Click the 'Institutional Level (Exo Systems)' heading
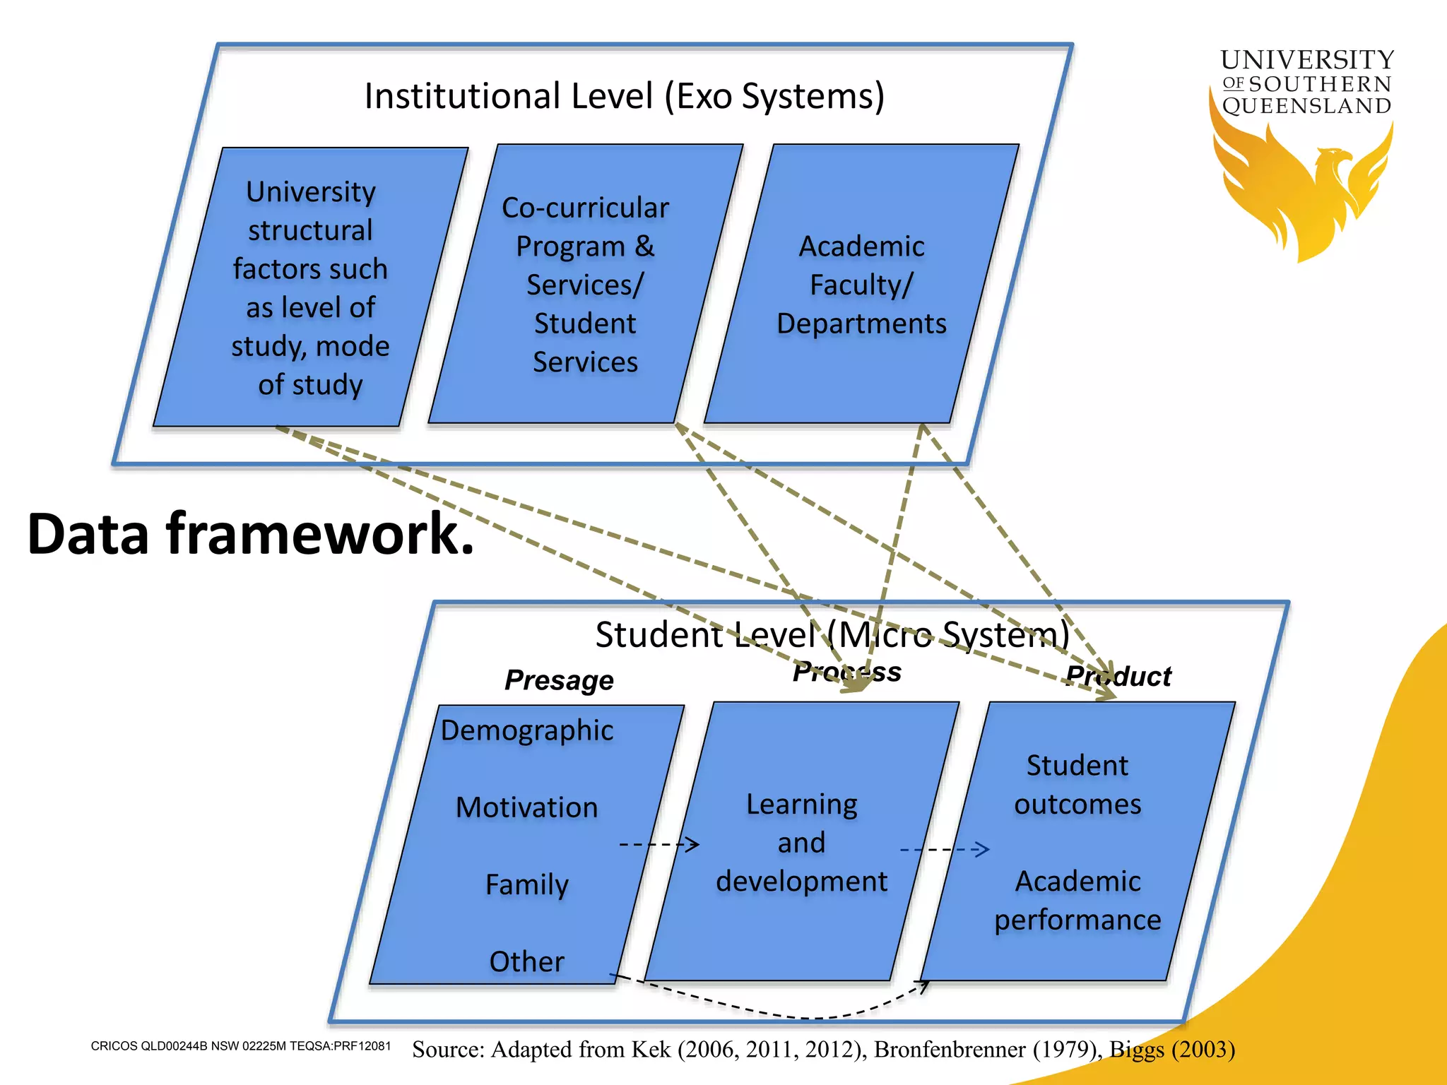pos(624,96)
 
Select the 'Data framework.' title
pos(250,533)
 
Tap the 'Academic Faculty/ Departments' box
pos(861,285)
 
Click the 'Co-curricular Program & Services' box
pos(585,285)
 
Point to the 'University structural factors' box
pos(310,288)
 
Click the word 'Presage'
pos(559,680)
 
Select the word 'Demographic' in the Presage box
pos(526,730)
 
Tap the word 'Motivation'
pos(526,807)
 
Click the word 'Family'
pos(526,884)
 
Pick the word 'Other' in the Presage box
pos(526,961)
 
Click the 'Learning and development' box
pos(801,843)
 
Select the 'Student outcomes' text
pos(1077,785)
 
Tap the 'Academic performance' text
pos(1077,901)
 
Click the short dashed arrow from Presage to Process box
pos(658,844)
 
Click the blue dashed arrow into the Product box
pos(944,849)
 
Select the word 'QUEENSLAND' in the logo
pos(1306,106)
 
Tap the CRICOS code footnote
pos(240,1046)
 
